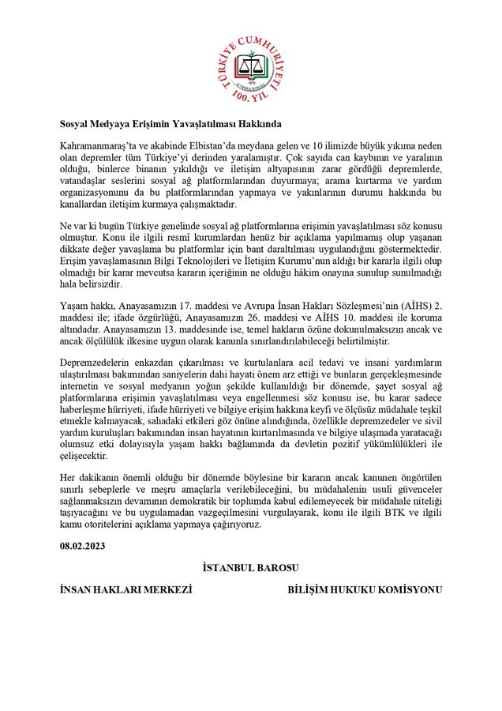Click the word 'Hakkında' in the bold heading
coord(257,123)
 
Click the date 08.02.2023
coord(83,545)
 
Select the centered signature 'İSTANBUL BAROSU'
coord(250,567)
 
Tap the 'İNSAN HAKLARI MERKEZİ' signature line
coord(126,589)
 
